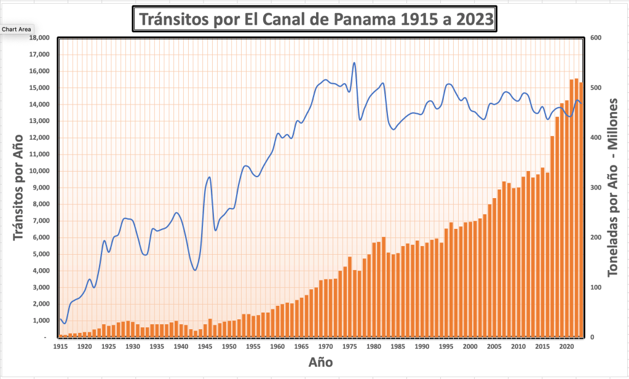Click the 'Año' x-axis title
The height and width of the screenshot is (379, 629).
(x=320, y=362)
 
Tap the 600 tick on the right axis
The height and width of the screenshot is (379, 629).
(x=595, y=38)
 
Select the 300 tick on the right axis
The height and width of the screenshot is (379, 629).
(x=595, y=188)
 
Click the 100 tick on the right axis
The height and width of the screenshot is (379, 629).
(x=595, y=287)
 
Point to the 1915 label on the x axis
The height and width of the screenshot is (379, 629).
(x=60, y=347)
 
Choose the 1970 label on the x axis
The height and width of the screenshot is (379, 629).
(x=325, y=347)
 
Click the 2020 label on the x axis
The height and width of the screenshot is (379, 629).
(x=566, y=347)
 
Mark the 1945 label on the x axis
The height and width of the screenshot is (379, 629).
(x=205, y=347)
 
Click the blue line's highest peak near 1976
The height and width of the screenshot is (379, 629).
(x=354, y=63)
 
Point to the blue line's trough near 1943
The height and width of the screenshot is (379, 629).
(x=195, y=270)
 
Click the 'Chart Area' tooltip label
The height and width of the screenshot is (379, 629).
(x=17, y=29)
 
